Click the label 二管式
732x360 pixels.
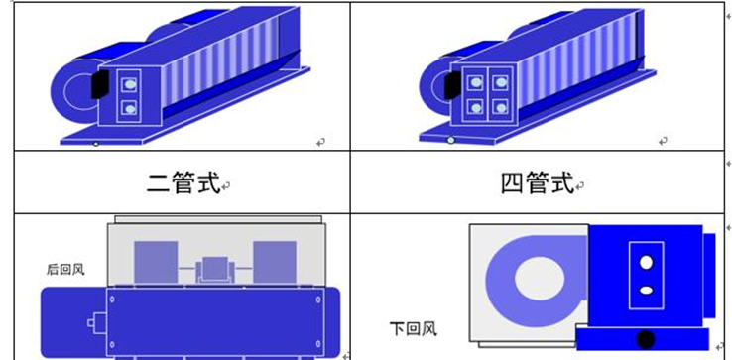click(183, 182)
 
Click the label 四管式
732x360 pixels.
click(537, 182)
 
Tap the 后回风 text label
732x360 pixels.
click(65, 270)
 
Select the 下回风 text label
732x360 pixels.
click(414, 328)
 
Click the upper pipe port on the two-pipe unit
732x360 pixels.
click(129, 85)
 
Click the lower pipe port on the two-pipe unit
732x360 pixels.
click(129, 109)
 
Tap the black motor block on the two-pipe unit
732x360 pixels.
click(100, 84)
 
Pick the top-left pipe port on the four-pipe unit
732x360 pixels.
click(475, 82)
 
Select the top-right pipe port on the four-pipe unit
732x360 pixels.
click(501, 82)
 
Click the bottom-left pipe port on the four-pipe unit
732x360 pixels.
click(475, 108)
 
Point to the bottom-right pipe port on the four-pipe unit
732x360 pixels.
click(501, 108)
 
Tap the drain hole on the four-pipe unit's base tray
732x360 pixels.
click(450, 140)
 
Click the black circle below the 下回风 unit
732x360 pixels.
click(645, 339)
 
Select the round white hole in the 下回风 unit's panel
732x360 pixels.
click(646, 263)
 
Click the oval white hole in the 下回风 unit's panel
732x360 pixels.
click(646, 290)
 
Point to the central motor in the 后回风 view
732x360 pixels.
click(215, 270)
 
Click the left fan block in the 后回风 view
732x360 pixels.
click(156, 262)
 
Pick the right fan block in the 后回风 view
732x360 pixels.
click(275, 262)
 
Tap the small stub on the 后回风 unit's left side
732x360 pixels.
click(97, 323)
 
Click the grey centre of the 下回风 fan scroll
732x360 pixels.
click(540, 279)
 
